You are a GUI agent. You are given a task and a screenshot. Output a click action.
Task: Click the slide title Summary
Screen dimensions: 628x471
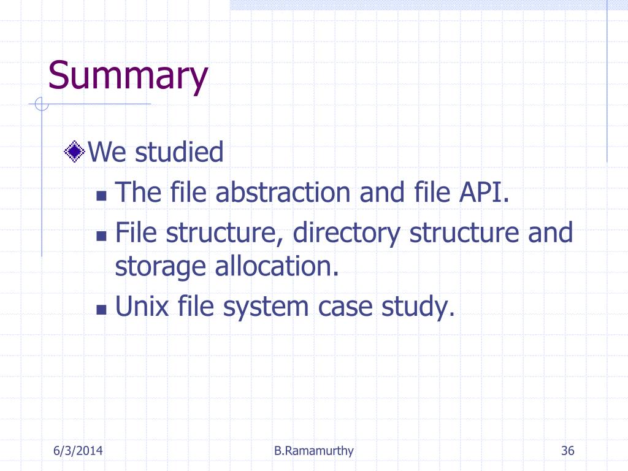point(128,76)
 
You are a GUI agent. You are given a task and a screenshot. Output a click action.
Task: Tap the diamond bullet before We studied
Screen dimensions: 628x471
point(74,151)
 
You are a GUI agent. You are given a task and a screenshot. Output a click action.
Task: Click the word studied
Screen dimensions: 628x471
point(179,152)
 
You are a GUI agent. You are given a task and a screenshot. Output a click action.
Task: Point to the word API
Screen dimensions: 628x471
point(484,192)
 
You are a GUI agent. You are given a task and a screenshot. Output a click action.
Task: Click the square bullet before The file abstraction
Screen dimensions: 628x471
point(101,196)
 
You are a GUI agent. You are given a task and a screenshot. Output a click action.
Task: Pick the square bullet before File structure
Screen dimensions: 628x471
point(101,236)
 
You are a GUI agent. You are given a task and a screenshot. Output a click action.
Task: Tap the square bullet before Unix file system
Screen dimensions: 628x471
point(101,310)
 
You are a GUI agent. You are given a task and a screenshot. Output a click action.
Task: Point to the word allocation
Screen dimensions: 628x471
point(277,266)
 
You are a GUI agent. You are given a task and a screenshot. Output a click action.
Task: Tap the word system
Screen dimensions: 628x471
point(266,308)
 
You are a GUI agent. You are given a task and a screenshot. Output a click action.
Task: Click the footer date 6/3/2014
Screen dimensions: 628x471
point(78,451)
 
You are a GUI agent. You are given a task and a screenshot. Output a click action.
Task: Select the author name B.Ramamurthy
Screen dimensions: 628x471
point(313,451)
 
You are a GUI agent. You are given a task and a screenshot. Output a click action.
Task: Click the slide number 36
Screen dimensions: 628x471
point(567,451)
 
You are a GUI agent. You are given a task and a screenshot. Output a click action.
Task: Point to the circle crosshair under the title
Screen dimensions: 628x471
point(42,104)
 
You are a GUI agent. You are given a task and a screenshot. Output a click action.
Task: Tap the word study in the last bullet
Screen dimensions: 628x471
point(418,308)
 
